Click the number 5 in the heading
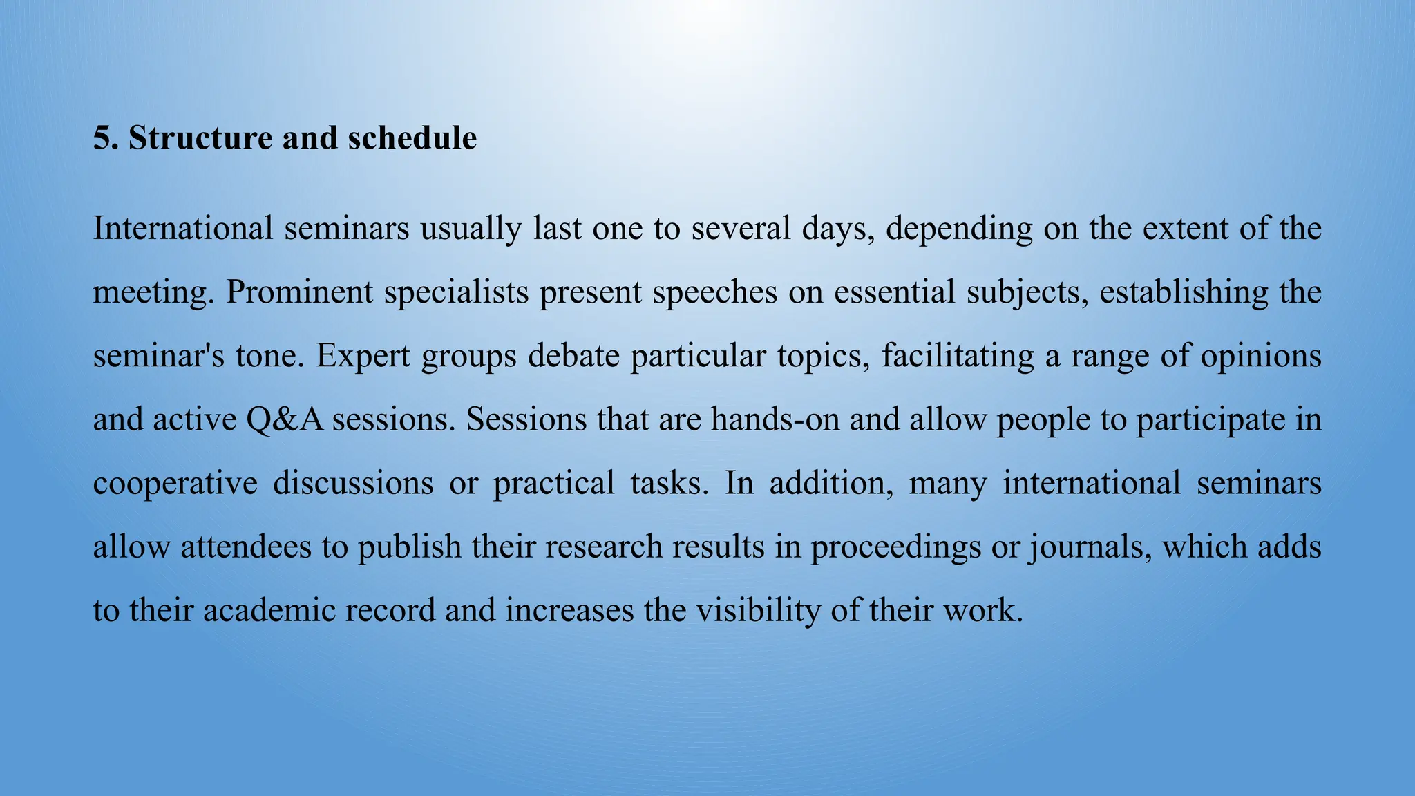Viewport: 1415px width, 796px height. coord(102,138)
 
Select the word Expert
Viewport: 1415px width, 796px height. coord(363,357)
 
